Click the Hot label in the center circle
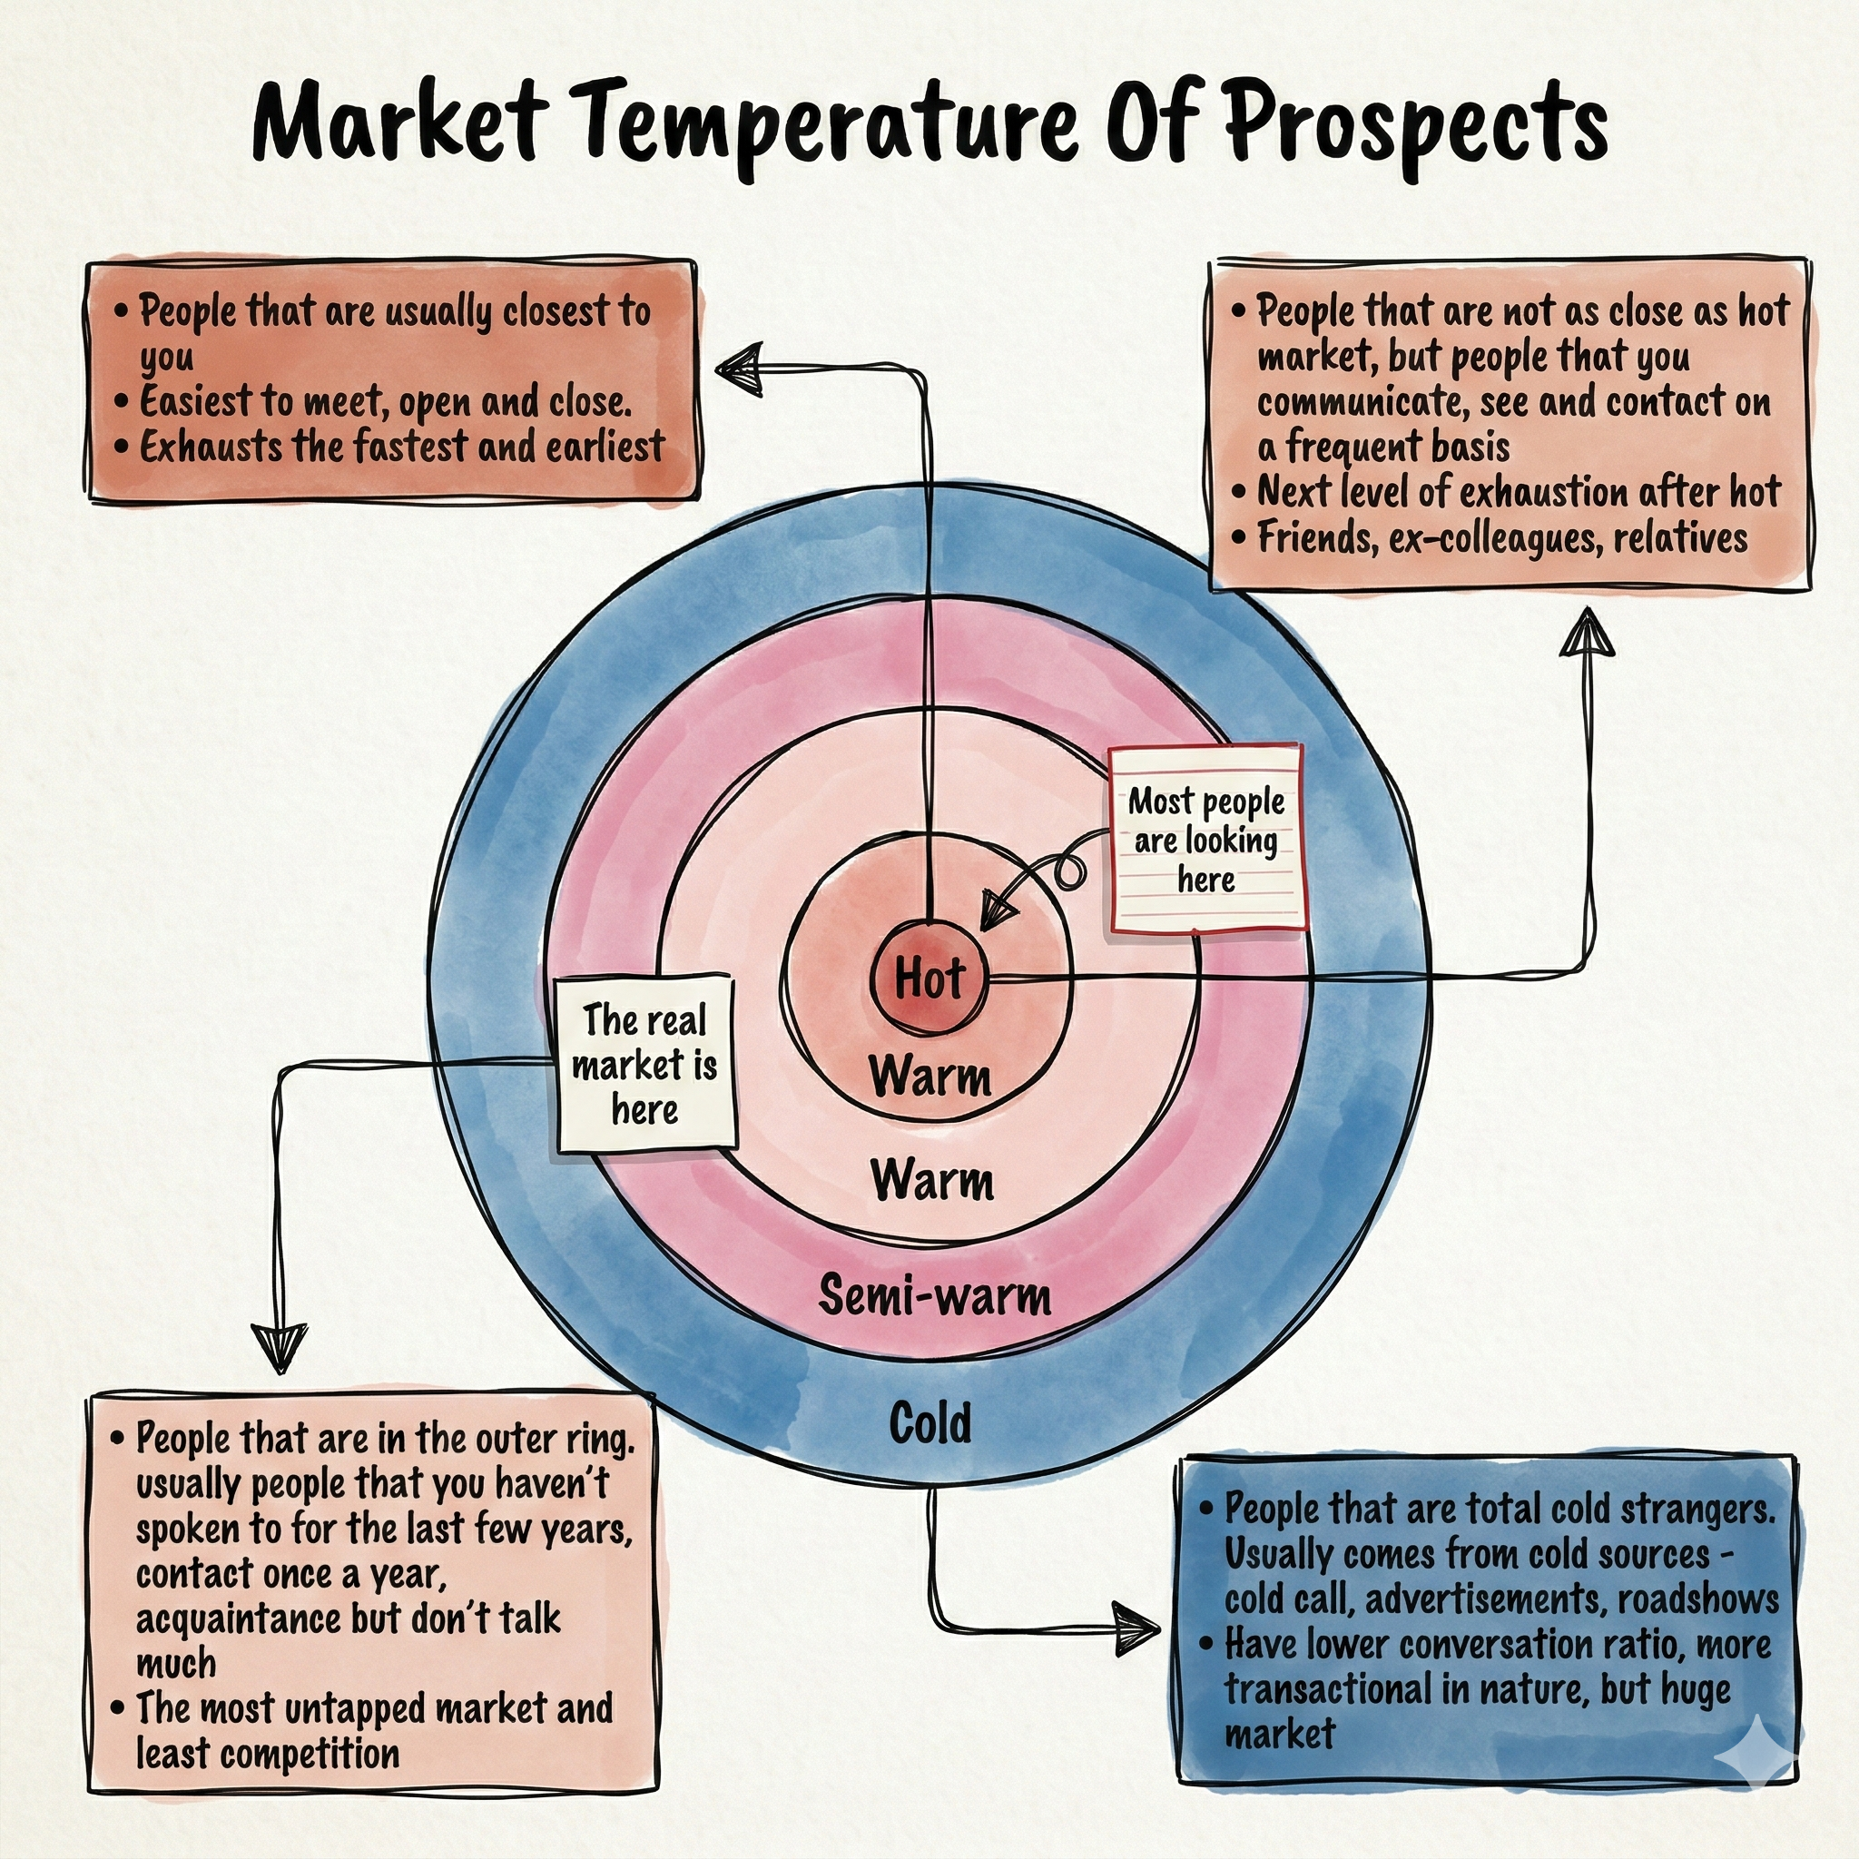pyautogui.click(x=929, y=979)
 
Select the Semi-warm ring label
pyautogui.click(x=934, y=1294)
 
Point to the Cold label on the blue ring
pyautogui.click(x=929, y=1422)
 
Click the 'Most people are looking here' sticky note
pyautogui.click(x=1207, y=839)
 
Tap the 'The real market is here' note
pyautogui.click(x=645, y=1063)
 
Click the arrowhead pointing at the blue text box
pyautogui.click(x=1137, y=1628)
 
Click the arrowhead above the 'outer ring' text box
pyautogui.click(x=280, y=1347)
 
